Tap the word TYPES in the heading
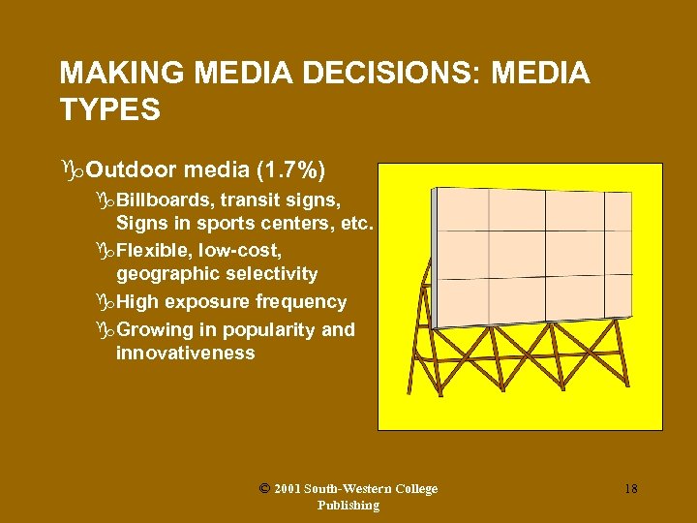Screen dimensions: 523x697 (109, 110)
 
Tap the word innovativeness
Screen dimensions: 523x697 (185, 353)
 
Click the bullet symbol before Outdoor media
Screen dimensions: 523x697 (71, 172)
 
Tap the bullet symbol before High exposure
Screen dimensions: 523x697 (106, 302)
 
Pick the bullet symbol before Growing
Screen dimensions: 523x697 (106, 330)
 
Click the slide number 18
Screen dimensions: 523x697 (630, 489)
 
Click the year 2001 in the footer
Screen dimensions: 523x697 (287, 489)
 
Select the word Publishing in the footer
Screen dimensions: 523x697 (348, 505)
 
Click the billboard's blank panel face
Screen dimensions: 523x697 (528, 256)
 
